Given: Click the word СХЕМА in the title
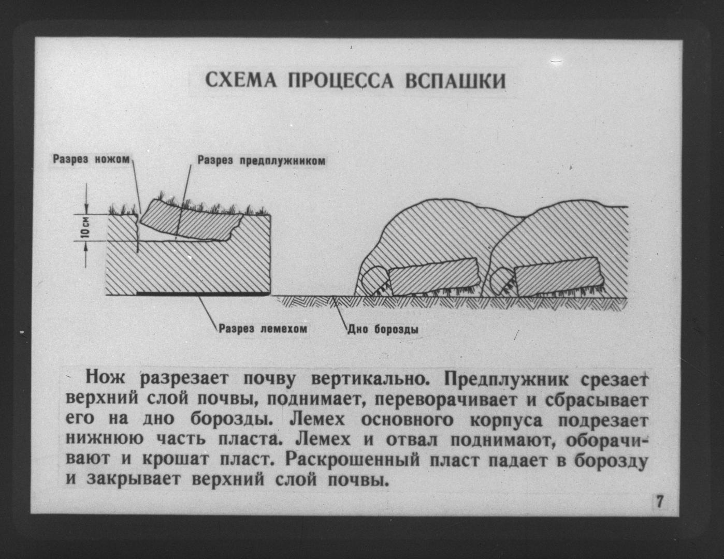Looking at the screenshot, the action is [241, 80].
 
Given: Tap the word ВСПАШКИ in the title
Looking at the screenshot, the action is [455, 81].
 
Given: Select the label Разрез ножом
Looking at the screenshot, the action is [91, 159].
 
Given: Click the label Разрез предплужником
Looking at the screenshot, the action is [261, 161].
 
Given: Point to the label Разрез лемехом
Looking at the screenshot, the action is [263, 329].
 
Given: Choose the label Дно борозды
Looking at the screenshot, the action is [383, 330].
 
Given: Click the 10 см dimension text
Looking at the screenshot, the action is [85, 228].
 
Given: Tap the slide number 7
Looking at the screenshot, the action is [660, 502].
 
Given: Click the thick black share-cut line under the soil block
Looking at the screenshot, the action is [203, 294].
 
